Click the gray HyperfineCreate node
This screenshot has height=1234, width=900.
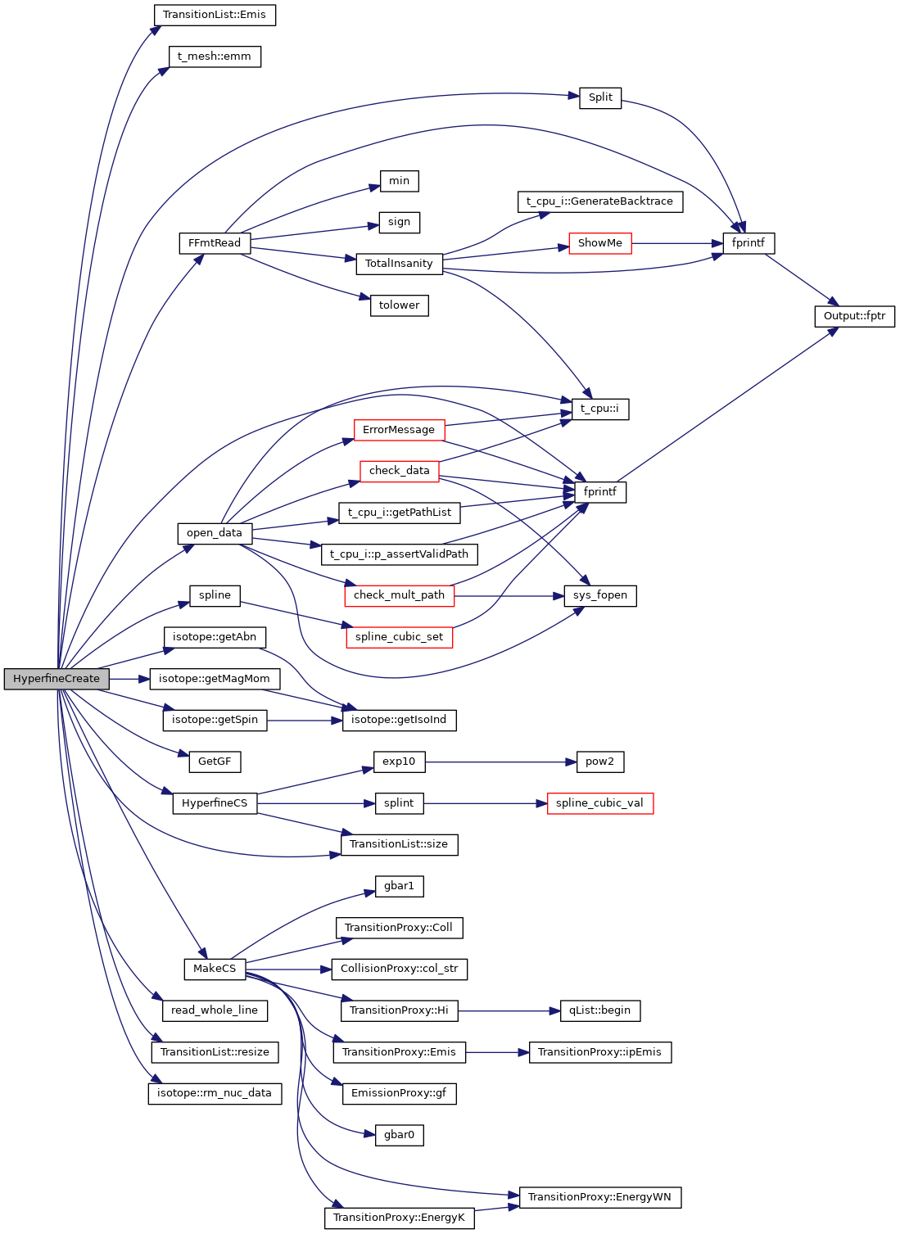(x=57, y=679)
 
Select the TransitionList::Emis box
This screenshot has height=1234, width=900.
(x=215, y=15)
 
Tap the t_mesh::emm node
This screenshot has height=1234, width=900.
(x=215, y=57)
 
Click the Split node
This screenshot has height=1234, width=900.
(x=600, y=97)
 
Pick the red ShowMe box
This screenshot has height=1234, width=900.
(x=600, y=243)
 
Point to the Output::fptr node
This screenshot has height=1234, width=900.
(x=854, y=316)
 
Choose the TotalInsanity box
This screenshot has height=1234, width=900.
(x=399, y=264)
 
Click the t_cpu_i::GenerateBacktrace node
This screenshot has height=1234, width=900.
(x=599, y=201)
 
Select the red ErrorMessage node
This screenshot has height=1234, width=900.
(x=399, y=430)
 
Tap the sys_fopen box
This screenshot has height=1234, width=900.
(x=600, y=595)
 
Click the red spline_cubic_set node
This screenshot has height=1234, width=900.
(x=399, y=637)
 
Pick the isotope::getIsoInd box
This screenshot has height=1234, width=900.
(x=399, y=720)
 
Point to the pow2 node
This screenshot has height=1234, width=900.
(x=599, y=762)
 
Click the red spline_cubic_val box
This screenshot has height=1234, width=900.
(x=599, y=803)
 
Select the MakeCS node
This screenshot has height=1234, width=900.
(x=215, y=969)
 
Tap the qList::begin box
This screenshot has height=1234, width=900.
(x=599, y=1010)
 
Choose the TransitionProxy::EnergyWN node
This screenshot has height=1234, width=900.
(x=599, y=1197)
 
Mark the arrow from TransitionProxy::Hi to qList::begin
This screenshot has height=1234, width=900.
(x=508, y=1010)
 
